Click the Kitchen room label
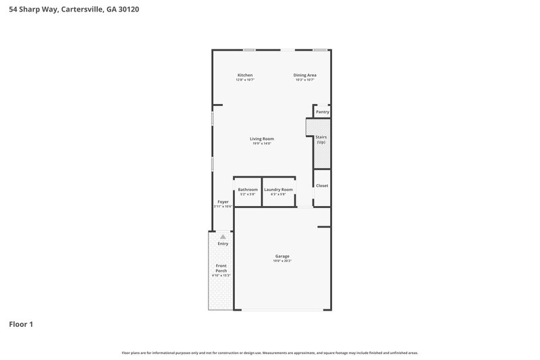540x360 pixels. pos(245,74)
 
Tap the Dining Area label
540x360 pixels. pos(305,74)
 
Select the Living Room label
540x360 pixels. pos(262,138)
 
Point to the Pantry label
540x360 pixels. pos(323,111)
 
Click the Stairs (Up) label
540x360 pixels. pos(321,139)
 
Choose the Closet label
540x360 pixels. pos(322,185)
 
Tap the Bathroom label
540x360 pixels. pos(248,190)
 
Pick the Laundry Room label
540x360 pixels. pos(279,190)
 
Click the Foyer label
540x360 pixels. pos(223,202)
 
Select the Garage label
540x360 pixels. pos(282,256)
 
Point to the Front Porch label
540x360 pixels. pos(221,268)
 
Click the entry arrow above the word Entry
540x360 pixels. pos(223,237)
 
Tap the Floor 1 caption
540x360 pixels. pos(21,324)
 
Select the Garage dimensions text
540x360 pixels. pos(282,261)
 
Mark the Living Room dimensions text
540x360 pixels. pos(262,143)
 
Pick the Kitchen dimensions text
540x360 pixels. pos(245,80)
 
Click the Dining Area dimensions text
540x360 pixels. pos(305,80)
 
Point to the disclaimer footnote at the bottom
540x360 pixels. pos(270,353)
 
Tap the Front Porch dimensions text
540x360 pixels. pos(221,276)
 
